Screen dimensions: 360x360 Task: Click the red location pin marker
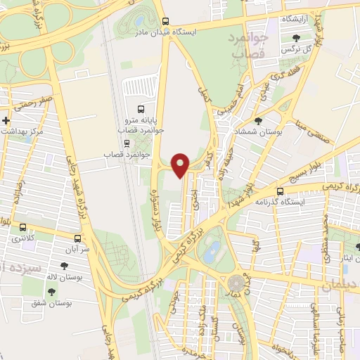(x=181, y=165)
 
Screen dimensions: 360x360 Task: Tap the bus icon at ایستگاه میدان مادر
(x=165, y=22)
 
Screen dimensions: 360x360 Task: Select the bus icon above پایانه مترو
(x=141, y=109)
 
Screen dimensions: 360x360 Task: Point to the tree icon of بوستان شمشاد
(x=257, y=121)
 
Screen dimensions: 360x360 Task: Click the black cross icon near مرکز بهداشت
(x=6, y=121)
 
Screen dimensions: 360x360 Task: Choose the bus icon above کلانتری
(x=23, y=228)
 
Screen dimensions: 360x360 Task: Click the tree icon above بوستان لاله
(x=65, y=266)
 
